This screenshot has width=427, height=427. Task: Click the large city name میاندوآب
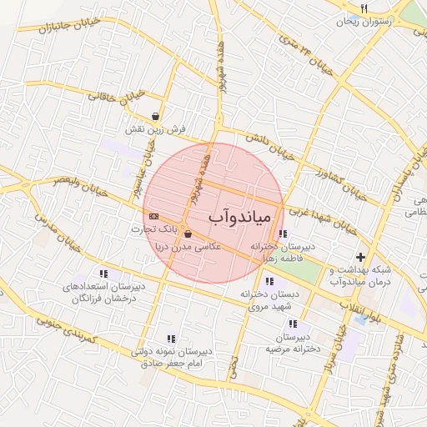(238, 219)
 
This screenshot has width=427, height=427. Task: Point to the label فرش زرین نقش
(156, 130)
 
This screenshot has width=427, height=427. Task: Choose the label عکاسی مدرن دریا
(190, 247)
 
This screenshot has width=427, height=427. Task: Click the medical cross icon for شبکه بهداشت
(360, 258)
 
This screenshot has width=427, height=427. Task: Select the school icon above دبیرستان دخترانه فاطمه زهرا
(284, 234)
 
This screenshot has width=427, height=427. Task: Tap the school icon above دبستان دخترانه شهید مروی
(268, 281)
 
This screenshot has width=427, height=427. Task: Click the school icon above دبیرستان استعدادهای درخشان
(103, 274)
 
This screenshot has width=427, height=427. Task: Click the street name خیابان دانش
(271, 146)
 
